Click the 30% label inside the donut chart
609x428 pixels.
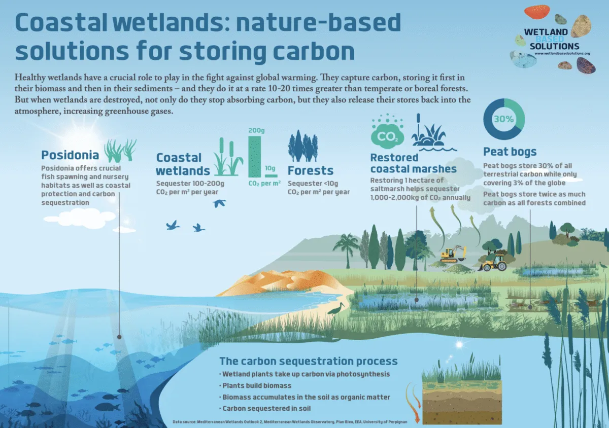[x=504, y=119]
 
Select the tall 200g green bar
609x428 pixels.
[x=255, y=157]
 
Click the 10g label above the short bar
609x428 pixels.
[x=270, y=168]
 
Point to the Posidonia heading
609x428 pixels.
[x=70, y=155]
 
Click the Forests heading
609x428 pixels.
[x=311, y=171]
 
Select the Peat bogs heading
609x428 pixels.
[x=510, y=152]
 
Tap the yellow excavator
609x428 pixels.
[x=453, y=254]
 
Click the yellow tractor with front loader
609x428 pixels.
[x=493, y=263]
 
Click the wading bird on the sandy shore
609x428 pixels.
[x=336, y=309]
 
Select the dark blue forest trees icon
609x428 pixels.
[x=302, y=146]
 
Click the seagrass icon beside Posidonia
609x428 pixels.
[x=120, y=150]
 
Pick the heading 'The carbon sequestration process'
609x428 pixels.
[x=309, y=361]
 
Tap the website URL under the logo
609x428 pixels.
[x=562, y=54]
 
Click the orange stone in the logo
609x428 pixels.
[x=537, y=12]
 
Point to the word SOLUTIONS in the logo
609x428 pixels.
[x=554, y=46]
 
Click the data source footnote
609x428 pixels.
[x=290, y=422]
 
